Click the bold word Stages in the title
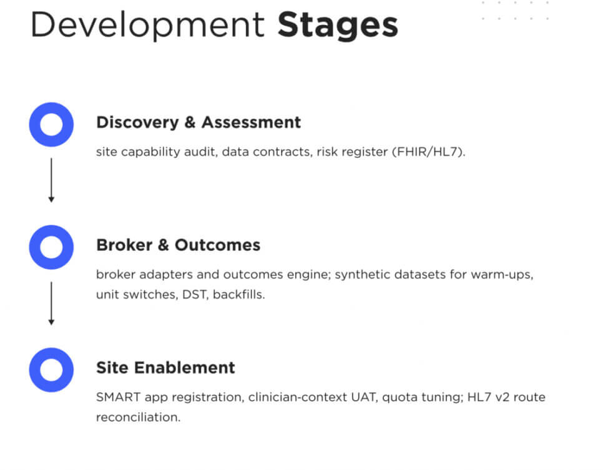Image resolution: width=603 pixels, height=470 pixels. click(338, 26)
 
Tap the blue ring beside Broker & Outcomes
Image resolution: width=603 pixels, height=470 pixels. click(51, 230)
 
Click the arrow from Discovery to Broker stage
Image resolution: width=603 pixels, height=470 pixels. click(51, 180)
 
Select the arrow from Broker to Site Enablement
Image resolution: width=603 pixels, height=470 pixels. click(51, 303)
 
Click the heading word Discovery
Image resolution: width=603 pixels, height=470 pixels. click(137, 123)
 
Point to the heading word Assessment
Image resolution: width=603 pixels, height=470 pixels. click(251, 122)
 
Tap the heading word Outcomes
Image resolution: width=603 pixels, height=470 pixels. click(217, 245)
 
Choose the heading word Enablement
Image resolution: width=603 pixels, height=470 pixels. click(185, 367)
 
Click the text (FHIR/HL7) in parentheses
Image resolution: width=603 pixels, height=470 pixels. click(428, 152)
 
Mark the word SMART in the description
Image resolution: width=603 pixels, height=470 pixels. click(118, 397)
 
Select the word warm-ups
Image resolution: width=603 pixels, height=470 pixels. click(502, 275)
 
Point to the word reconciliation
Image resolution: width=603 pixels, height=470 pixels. click(138, 418)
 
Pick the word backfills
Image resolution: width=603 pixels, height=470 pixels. click(239, 295)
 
